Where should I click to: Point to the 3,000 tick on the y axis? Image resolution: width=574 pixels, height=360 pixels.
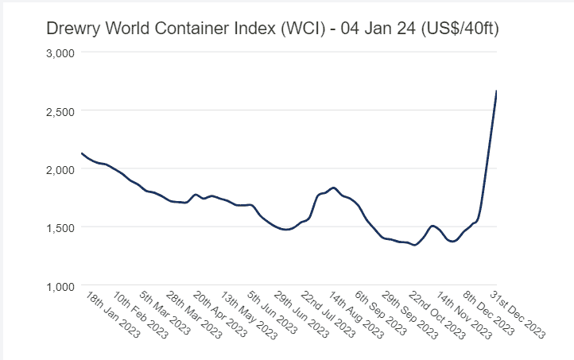pyautogui.click(x=58, y=52)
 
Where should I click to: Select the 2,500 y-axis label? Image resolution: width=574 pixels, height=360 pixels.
pyautogui.click(x=58, y=110)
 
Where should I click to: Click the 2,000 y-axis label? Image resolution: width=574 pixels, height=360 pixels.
pyautogui.click(x=58, y=168)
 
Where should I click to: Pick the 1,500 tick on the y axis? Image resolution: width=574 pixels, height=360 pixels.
pyautogui.click(x=58, y=226)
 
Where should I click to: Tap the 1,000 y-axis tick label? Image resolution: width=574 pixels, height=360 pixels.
pyautogui.click(x=58, y=285)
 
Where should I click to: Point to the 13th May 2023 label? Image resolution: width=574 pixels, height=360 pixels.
pyautogui.click(x=249, y=315)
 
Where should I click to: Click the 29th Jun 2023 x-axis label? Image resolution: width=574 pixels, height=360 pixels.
pyautogui.click(x=303, y=315)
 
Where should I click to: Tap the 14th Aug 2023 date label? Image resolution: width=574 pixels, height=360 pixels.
pyautogui.click(x=358, y=315)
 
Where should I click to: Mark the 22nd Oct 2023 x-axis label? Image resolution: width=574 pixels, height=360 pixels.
pyautogui.click(x=439, y=315)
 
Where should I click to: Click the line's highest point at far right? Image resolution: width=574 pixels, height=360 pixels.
pyautogui.click(x=496, y=91)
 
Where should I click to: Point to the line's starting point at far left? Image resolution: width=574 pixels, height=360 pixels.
pyautogui.click(x=82, y=153)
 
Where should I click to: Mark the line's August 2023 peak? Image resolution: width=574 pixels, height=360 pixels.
pyautogui.click(x=333, y=188)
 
